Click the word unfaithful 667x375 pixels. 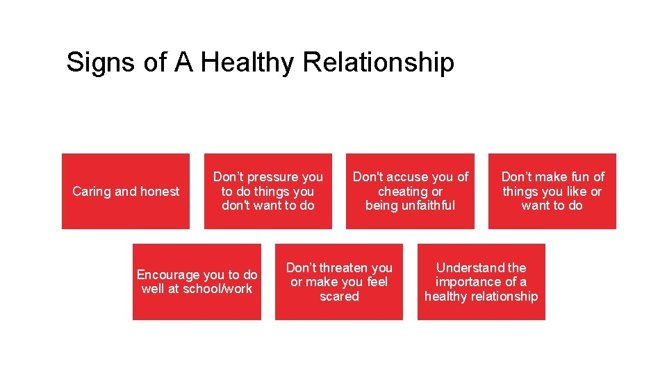pyautogui.click(x=426, y=206)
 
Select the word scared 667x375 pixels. pyautogui.click(x=339, y=297)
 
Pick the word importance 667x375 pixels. pyautogui.click(x=467, y=282)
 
